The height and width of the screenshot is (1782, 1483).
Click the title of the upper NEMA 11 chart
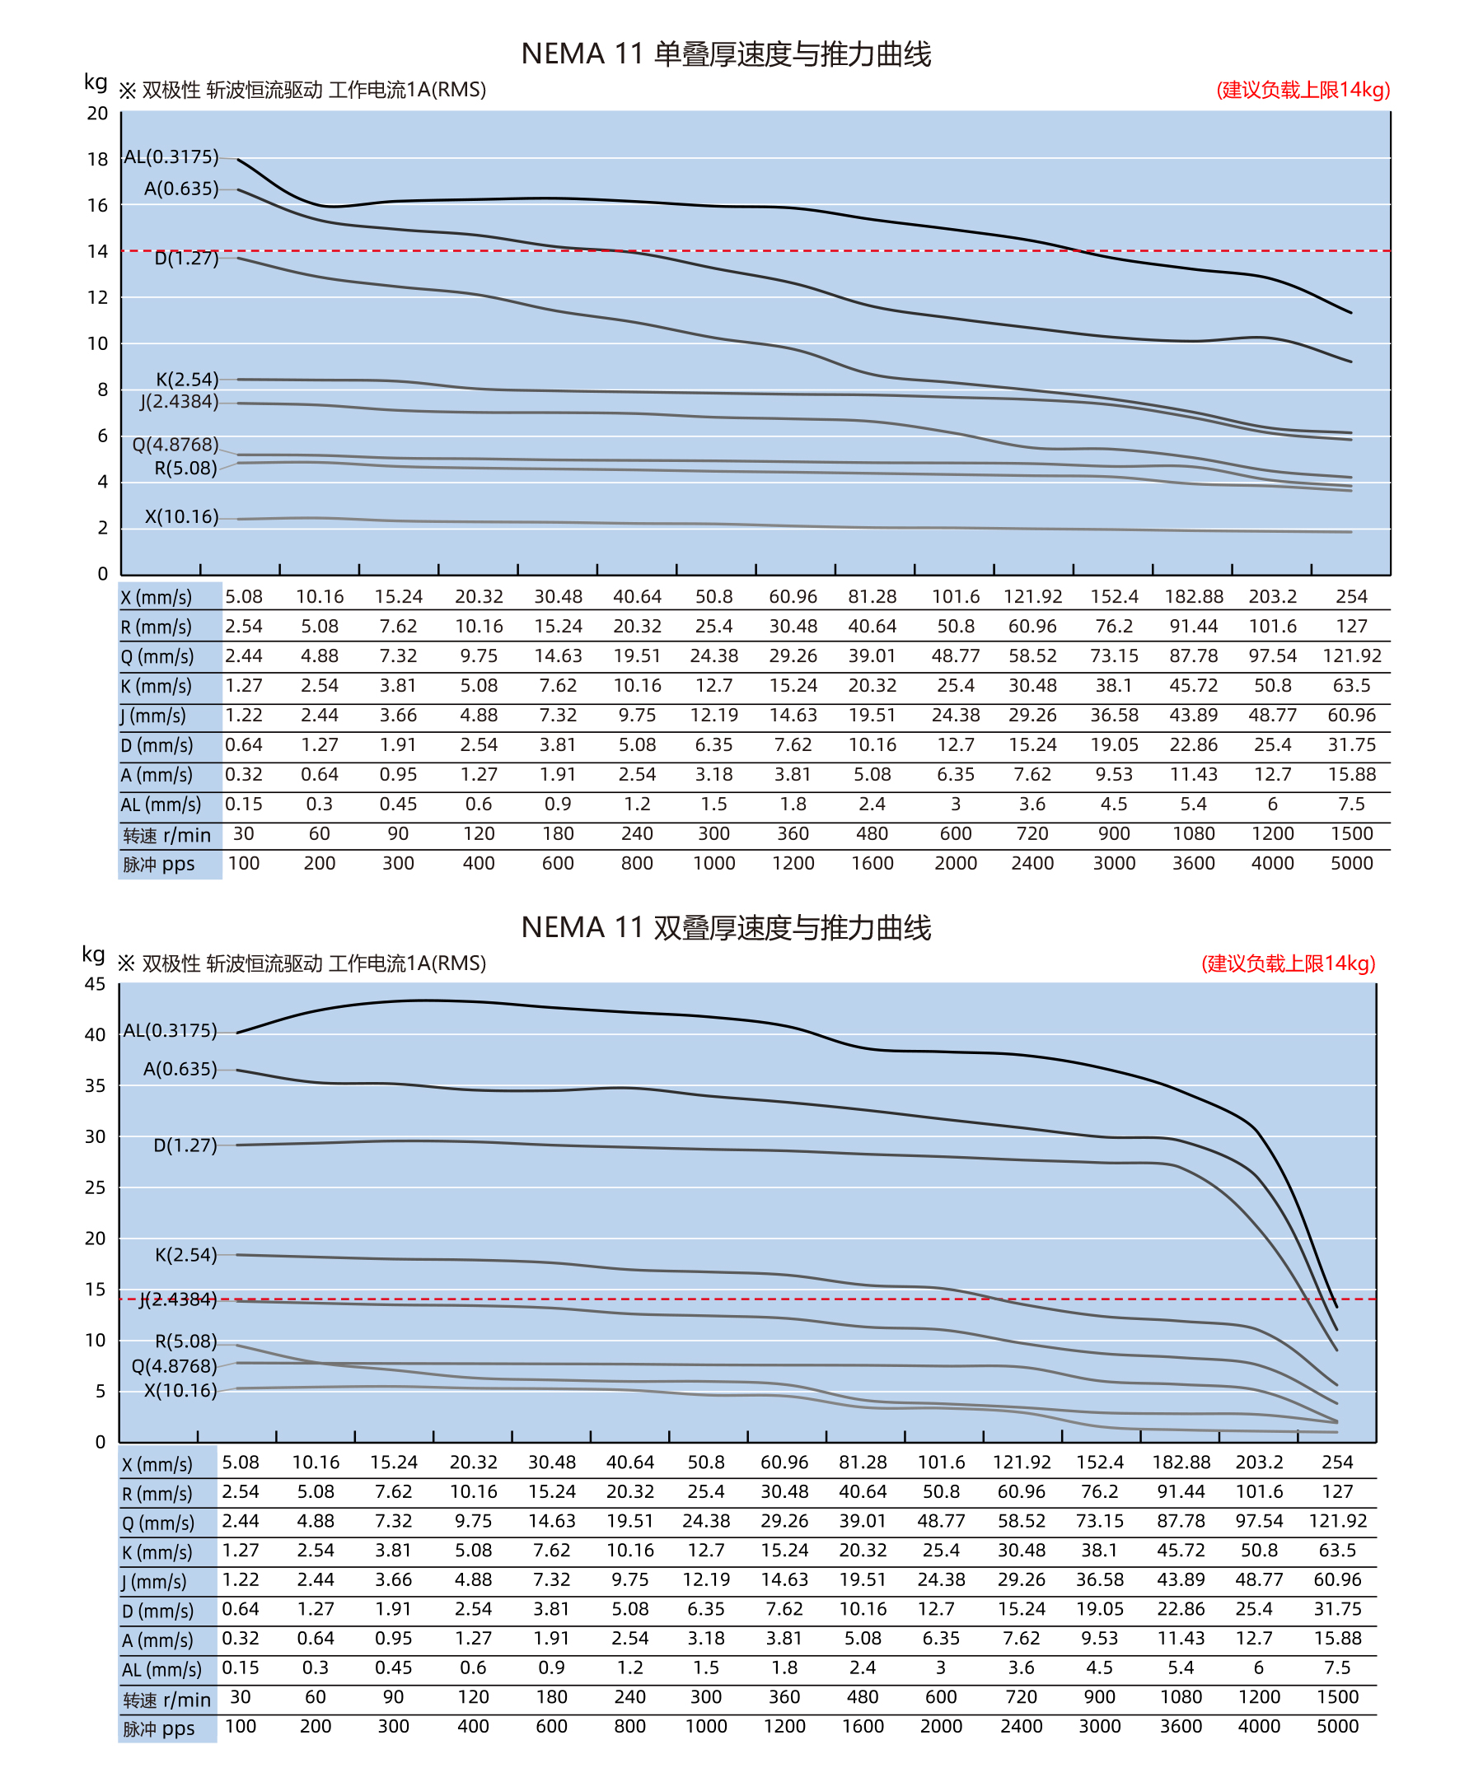coord(726,54)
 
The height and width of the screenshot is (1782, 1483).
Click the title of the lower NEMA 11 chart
coord(726,927)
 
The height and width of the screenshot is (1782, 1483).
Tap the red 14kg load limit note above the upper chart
coord(1303,90)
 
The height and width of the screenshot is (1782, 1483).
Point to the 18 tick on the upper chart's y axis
coord(97,160)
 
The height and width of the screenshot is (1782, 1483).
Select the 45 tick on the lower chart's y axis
coord(95,984)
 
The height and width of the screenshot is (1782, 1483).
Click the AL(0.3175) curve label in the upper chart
coord(171,157)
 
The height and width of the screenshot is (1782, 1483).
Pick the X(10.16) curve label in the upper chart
coord(181,517)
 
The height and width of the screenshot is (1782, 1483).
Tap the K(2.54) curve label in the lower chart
coord(186,1255)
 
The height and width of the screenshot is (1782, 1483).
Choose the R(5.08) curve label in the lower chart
coord(186,1341)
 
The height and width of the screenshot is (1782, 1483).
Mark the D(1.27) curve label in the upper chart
coord(187,258)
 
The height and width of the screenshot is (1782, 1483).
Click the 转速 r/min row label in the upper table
coord(166,836)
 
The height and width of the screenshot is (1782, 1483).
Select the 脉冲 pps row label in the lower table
coord(159,1729)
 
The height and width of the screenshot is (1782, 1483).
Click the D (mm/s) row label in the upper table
coord(157,746)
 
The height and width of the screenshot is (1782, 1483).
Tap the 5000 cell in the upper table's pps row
coord(1351,864)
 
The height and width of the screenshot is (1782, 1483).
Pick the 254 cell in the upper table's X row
coord(1351,597)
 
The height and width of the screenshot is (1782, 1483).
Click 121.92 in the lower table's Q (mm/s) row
coord(1338,1522)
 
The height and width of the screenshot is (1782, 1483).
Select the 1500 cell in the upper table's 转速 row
coord(1351,834)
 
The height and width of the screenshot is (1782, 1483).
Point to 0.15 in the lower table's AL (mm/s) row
coord(241,1668)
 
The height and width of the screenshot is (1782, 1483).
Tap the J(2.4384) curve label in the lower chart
coord(178,1300)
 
